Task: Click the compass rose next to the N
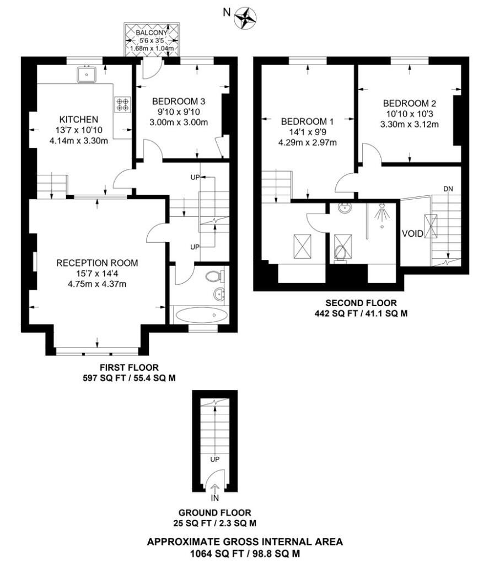245,19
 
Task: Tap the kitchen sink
87,74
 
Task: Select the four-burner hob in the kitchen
122,104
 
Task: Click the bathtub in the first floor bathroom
201,315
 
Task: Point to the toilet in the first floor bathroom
215,277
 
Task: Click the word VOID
412,233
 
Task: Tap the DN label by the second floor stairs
448,189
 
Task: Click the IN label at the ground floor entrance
214,498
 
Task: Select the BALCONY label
152,33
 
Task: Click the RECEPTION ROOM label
97,263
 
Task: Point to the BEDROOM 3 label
179,102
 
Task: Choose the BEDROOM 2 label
410,103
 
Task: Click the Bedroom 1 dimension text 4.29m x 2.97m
308,142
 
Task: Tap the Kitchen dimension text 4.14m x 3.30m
78,141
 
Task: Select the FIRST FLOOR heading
129,367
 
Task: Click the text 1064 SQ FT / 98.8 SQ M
245,553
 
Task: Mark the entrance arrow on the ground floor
214,489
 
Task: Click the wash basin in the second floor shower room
345,208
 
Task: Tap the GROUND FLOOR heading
214,513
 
